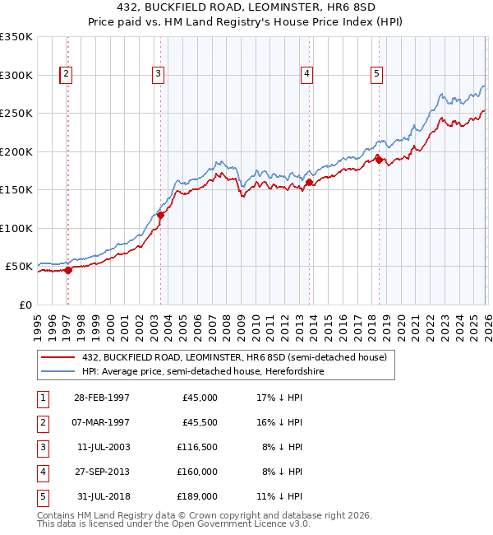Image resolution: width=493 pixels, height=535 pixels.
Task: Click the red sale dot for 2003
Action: click(x=161, y=216)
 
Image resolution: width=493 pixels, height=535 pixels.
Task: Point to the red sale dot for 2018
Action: click(x=379, y=160)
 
